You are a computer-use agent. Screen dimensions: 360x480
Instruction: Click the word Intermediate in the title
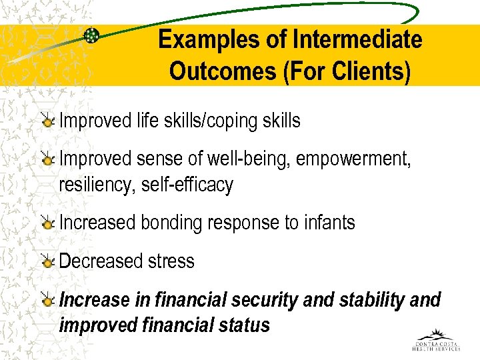point(357,40)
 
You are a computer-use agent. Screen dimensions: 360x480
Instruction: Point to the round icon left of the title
point(92,36)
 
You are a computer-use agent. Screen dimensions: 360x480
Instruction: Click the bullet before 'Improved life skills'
point(47,121)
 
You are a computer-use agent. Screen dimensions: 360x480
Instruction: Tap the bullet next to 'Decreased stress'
point(47,261)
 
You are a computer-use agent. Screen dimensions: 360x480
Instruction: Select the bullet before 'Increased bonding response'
point(47,223)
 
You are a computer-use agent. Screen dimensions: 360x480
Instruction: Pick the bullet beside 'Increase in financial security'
point(47,301)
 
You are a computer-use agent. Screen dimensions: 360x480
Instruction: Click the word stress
point(171,261)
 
